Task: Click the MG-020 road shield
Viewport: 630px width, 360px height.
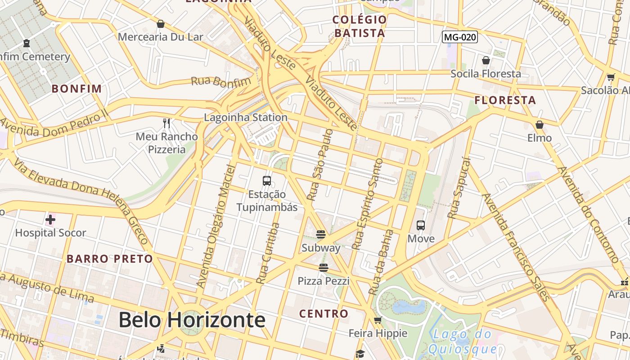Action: pyautogui.click(x=459, y=37)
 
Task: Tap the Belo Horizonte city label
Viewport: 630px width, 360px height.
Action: pyautogui.click(x=192, y=320)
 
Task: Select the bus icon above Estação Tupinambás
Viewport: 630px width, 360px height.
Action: pyautogui.click(x=267, y=181)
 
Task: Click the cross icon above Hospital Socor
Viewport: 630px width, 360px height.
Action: pyautogui.click(x=50, y=220)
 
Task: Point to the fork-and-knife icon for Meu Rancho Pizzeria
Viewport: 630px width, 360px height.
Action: pyautogui.click(x=167, y=122)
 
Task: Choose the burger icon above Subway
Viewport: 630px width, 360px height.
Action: pyautogui.click(x=321, y=234)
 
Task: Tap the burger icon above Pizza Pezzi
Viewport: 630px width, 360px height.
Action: pyautogui.click(x=323, y=268)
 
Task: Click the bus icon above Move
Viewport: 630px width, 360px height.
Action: pyautogui.click(x=421, y=225)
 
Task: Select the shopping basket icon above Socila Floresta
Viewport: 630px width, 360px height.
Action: pyautogui.click(x=486, y=60)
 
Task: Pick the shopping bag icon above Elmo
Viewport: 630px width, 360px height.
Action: pyautogui.click(x=540, y=124)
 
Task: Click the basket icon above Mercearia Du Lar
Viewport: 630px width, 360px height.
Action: pyautogui.click(x=161, y=23)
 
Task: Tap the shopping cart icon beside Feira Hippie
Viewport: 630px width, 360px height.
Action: pyautogui.click(x=378, y=320)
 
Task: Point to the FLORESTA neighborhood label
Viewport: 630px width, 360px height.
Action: pyautogui.click(x=505, y=100)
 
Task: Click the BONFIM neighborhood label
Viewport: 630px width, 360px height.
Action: pyautogui.click(x=77, y=88)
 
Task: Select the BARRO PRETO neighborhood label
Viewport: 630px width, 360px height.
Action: pyautogui.click(x=110, y=259)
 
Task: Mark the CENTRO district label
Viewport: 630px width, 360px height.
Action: pyautogui.click(x=324, y=313)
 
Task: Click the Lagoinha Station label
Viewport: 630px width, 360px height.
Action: pyautogui.click(x=246, y=117)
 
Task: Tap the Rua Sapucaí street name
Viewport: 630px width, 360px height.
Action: pyautogui.click(x=459, y=188)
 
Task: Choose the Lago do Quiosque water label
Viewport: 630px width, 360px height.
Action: pyautogui.click(x=463, y=341)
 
